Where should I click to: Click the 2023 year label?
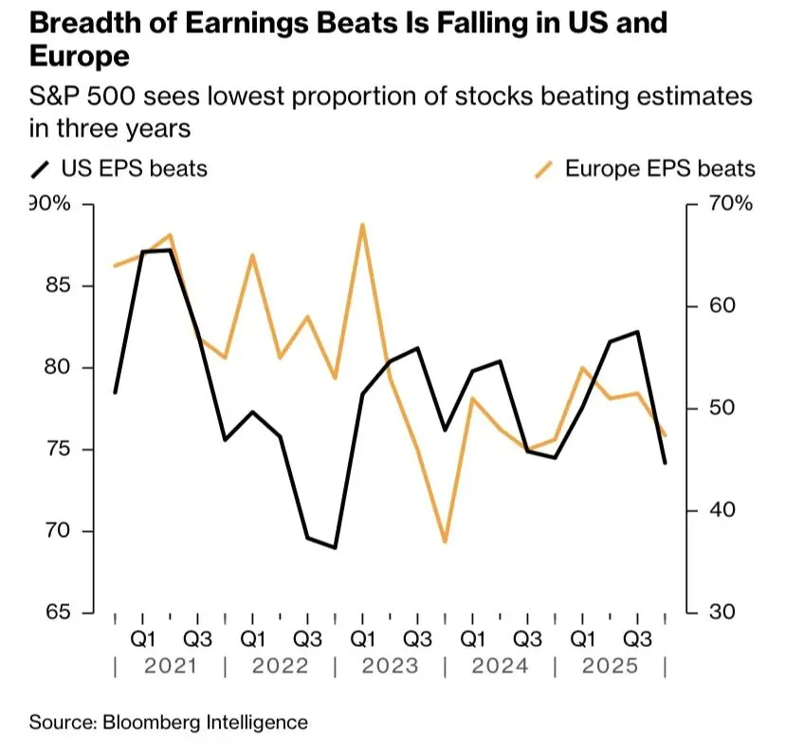pyautogui.click(x=390, y=666)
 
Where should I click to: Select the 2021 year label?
pyautogui.click(x=170, y=666)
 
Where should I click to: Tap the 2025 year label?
pyautogui.click(x=610, y=666)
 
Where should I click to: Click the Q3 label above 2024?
pyautogui.click(x=527, y=636)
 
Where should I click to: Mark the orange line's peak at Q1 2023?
pyautogui.click(x=362, y=225)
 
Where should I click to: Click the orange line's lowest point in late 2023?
pyautogui.click(x=445, y=542)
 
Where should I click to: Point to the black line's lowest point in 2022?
pyautogui.click(x=335, y=547)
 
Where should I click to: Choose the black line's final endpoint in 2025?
pyautogui.click(x=665, y=463)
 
